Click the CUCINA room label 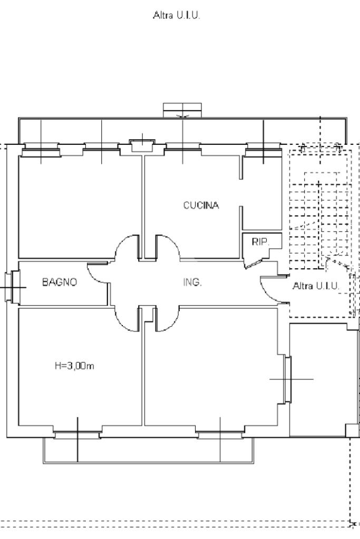pyautogui.click(x=201, y=205)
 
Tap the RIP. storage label pyautogui.click(x=260, y=242)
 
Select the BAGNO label pyautogui.click(x=59, y=282)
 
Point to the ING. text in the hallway pyautogui.click(x=192, y=282)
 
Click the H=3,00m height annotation pyautogui.click(x=74, y=366)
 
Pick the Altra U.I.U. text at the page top pyautogui.click(x=176, y=16)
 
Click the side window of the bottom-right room pyautogui.click(x=288, y=379)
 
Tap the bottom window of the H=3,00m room pyautogui.click(x=77, y=435)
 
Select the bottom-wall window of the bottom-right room pyautogui.click(x=220, y=435)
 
